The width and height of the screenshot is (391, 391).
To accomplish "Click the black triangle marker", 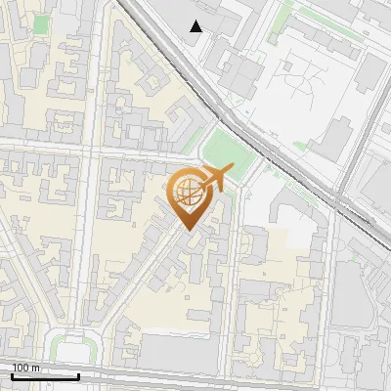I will tap(197, 26).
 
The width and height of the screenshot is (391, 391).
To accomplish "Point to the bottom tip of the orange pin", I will tap(187, 231).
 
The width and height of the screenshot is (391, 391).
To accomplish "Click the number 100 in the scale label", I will tap(20, 367).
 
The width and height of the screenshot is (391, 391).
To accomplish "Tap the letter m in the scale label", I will tap(36, 367).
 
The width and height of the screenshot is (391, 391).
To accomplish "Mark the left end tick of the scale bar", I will tap(12, 375).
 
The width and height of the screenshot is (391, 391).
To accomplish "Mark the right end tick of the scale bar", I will tap(79, 375).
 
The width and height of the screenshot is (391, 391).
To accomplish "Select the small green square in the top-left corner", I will tap(40, 22).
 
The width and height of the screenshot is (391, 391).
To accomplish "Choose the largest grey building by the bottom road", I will tap(176, 345).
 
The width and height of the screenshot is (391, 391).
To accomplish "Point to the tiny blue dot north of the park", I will tap(251, 113).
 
